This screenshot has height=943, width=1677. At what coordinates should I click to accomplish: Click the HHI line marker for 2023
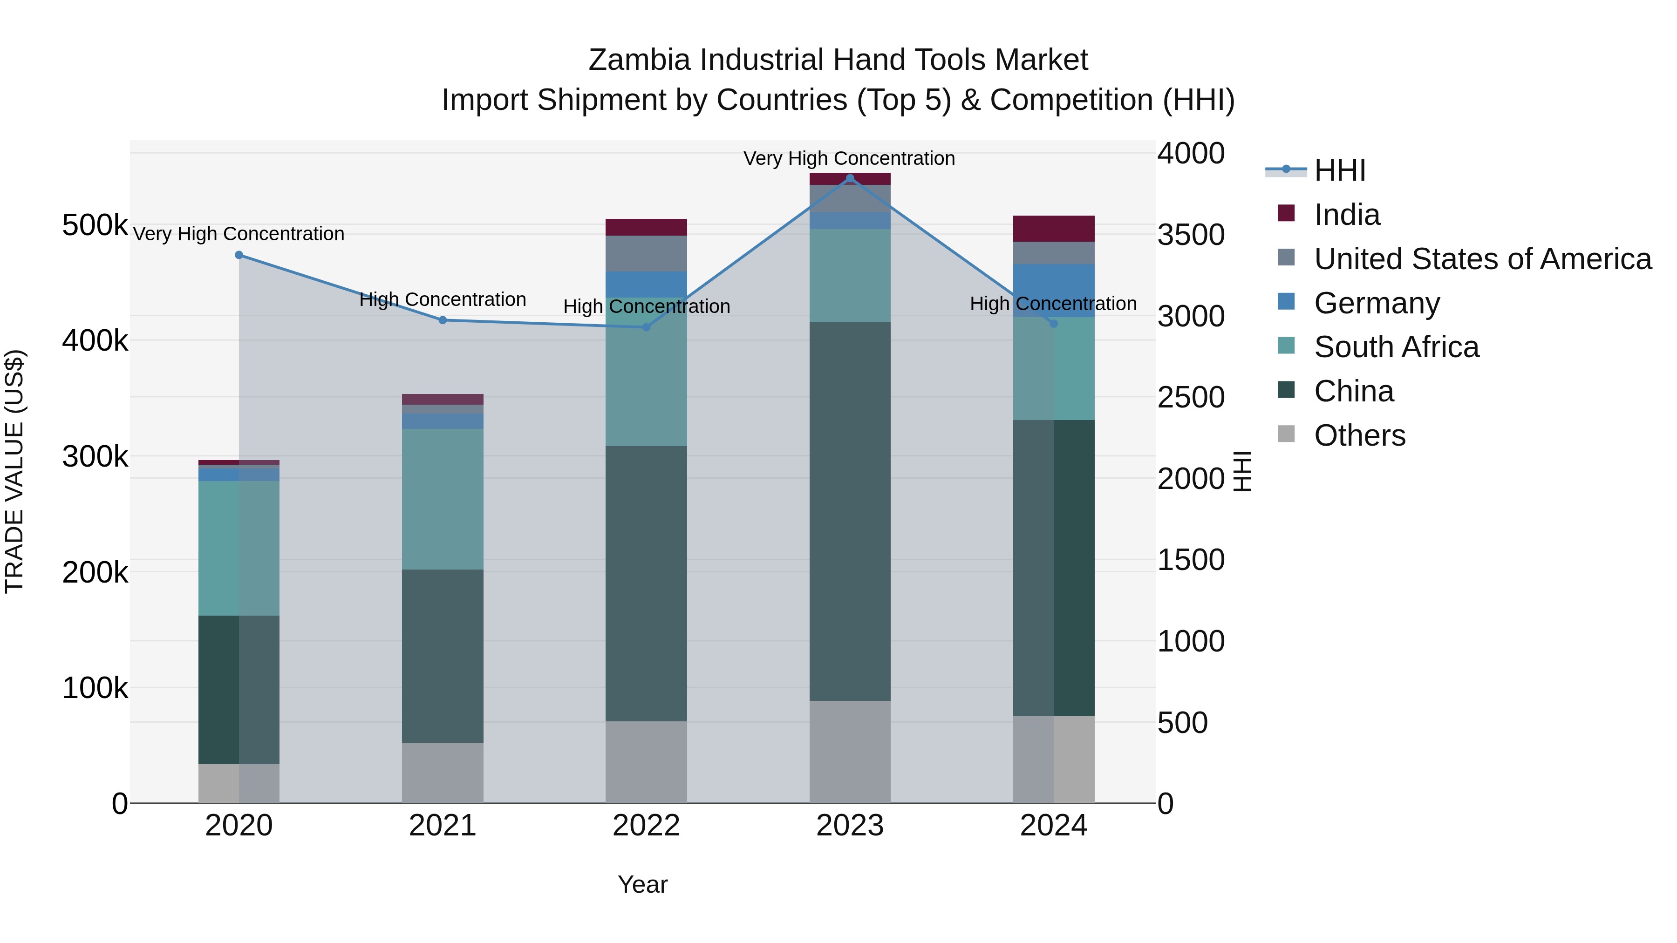[850, 178]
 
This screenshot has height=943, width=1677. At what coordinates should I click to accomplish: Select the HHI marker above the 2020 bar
[239, 255]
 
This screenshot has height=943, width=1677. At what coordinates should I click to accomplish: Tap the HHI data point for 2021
[443, 320]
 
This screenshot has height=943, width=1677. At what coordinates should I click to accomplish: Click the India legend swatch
[1286, 213]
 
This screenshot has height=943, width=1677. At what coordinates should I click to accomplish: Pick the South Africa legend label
[1397, 347]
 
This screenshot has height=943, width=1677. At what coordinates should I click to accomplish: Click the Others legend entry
[1359, 435]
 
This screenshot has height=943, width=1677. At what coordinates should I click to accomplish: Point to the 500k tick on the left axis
[95, 226]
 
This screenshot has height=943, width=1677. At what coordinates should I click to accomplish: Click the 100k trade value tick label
[95, 688]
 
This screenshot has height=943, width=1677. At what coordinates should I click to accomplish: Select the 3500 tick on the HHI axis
[1191, 236]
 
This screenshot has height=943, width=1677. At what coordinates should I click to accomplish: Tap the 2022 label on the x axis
[646, 826]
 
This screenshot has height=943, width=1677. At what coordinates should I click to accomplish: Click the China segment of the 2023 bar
[850, 511]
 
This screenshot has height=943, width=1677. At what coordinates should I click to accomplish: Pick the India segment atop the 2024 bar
[1053, 229]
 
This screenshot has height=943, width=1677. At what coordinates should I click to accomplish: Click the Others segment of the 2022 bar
[646, 761]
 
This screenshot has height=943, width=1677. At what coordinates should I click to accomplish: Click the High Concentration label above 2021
[443, 299]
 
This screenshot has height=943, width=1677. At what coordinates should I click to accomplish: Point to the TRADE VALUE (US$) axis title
[15, 471]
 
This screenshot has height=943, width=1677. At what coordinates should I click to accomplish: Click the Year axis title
[642, 884]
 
